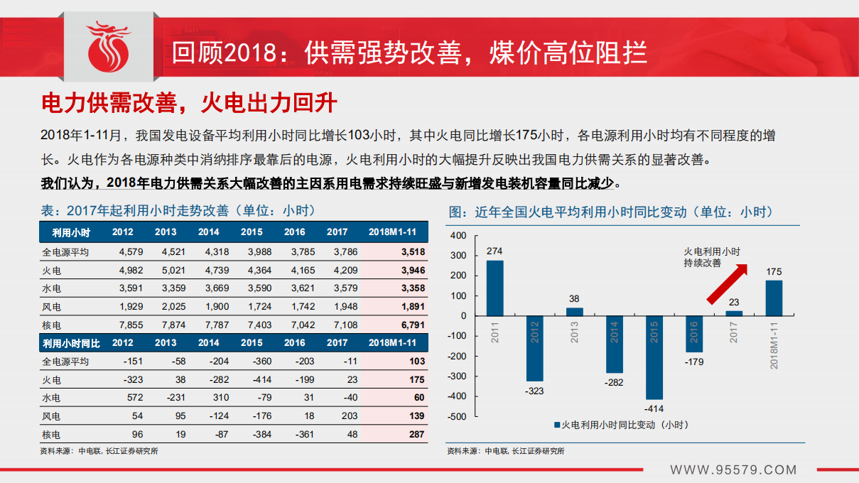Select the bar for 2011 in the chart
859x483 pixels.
(x=495, y=288)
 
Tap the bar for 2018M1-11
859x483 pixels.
(x=774, y=298)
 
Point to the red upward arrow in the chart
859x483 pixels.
(x=728, y=283)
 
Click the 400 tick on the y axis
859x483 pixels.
(x=458, y=236)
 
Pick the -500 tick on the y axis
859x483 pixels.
(x=456, y=416)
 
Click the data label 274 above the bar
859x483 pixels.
(x=495, y=251)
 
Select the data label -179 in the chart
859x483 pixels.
(x=694, y=362)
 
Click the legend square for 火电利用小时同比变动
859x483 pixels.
(x=557, y=425)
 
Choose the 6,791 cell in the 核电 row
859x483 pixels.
(x=413, y=325)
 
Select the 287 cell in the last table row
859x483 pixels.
(x=416, y=434)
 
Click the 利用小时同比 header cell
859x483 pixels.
(x=71, y=343)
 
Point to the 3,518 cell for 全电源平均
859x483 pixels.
(x=413, y=251)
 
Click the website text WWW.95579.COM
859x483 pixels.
(x=733, y=470)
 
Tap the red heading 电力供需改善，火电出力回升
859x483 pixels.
(x=189, y=103)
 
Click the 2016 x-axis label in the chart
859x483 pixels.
(x=695, y=332)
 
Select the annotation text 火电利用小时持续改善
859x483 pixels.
(x=711, y=257)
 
